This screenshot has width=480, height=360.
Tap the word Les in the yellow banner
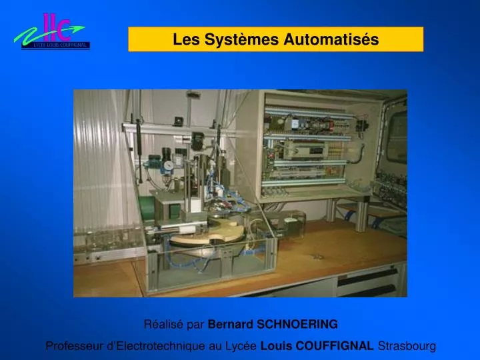185,40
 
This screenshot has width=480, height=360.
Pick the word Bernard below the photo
226,325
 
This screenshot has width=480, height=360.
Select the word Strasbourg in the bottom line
407,346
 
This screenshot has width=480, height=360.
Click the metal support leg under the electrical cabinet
362,213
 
